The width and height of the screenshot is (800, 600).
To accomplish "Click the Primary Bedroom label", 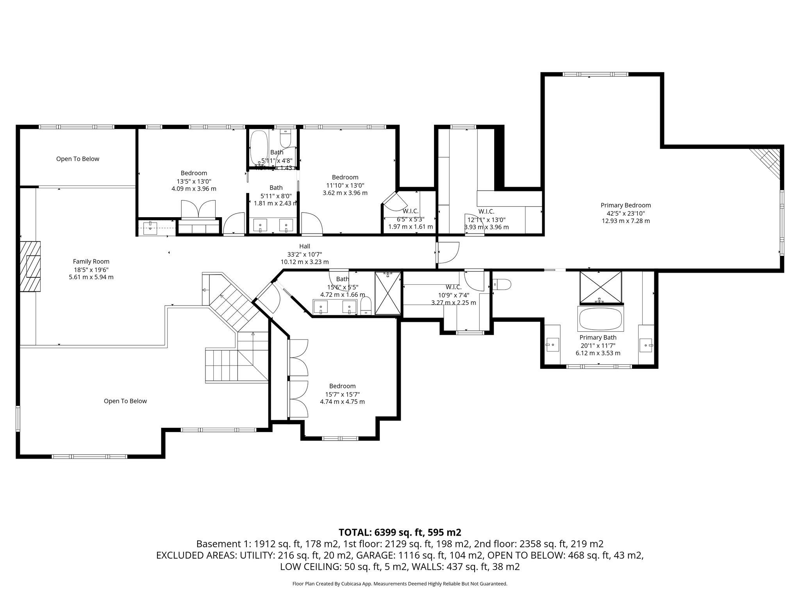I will (625, 205).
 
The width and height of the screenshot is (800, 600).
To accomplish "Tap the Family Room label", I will (91, 261).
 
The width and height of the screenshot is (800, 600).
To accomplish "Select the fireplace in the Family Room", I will (31, 266).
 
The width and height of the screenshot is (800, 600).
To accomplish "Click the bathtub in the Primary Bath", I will (600, 319).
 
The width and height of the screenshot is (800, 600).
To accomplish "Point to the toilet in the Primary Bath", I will (502, 284).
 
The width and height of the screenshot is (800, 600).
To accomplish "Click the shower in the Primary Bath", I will (600, 287).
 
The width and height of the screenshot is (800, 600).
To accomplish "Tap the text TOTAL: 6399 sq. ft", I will (400, 532).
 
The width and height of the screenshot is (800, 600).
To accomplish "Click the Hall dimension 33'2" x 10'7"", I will (304, 254).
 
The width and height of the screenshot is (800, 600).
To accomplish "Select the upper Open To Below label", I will (77, 159).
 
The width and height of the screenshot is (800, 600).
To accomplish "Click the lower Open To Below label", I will (125, 401).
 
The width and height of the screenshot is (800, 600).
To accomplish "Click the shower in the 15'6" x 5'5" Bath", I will (387, 293).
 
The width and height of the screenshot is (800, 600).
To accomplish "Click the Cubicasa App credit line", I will (400, 584).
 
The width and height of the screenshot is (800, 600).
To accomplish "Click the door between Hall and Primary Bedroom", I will (447, 253).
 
